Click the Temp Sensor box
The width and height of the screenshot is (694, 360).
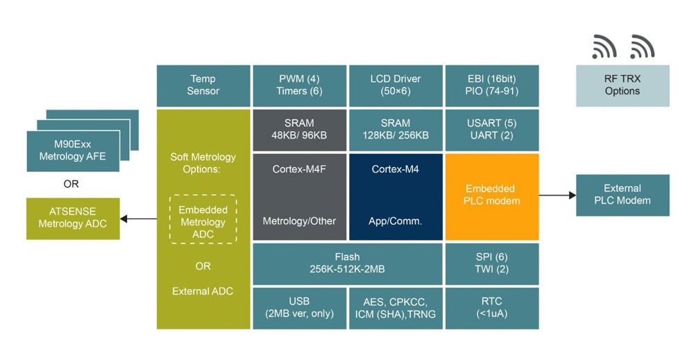click(x=203, y=85)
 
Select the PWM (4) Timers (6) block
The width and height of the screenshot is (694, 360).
click(x=299, y=85)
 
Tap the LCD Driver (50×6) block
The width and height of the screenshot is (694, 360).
click(x=396, y=85)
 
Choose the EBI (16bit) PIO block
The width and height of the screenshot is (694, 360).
click(x=491, y=85)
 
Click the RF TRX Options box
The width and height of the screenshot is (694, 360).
click(x=623, y=85)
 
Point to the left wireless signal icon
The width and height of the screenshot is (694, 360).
click(x=604, y=46)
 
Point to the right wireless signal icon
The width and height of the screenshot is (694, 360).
click(x=642, y=46)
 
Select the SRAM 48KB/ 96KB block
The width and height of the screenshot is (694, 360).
click(x=299, y=130)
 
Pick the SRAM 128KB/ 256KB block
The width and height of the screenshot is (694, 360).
click(x=396, y=130)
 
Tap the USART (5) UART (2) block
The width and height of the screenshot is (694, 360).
click(x=491, y=130)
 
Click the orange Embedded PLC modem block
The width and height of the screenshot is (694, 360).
click(x=491, y=196)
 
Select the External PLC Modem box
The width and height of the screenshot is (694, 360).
click(x=623, y=195)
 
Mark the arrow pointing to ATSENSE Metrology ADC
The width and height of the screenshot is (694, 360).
click(x=139, y=219)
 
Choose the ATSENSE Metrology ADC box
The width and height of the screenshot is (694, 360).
click(x=73, y=218)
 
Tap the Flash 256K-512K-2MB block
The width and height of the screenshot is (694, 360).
click(x=347, y=264)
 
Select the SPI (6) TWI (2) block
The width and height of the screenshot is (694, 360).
click(x=491, y=264)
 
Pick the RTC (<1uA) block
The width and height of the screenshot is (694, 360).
click(x=491, y=307)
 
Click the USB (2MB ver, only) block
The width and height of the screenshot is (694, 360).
click(x=299, y=307)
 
